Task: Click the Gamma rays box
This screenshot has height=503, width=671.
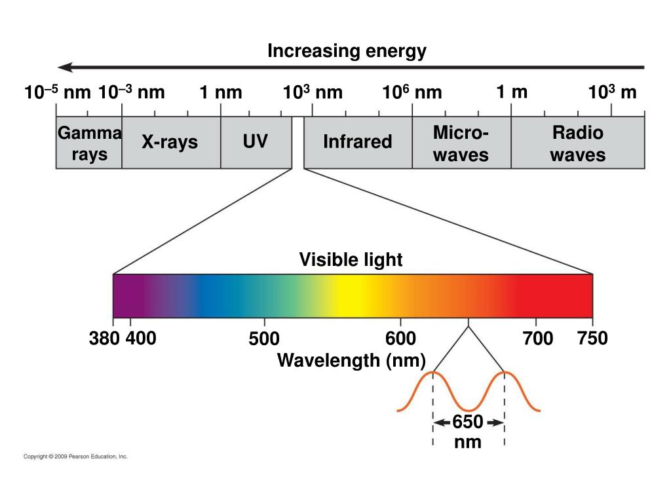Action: coord(89,143)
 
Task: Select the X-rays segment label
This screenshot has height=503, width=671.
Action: coord(170,142)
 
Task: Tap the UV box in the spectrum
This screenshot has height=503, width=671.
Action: coord(256,141)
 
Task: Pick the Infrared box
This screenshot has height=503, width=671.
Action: coord(358,141)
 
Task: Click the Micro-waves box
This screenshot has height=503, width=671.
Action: coord(461,143)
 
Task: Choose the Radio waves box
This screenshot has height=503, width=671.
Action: coord(577,143)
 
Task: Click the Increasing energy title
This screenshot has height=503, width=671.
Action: coord(347,51)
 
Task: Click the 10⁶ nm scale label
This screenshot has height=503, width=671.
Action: coord(412,93)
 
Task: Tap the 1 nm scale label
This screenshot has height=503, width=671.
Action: coord(221,93)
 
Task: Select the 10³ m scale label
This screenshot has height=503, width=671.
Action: coord(612,92)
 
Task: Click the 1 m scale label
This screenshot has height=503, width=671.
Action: coord(512,92)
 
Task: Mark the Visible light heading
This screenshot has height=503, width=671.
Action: coord(351,260)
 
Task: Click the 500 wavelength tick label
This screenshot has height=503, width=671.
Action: coord(264,339)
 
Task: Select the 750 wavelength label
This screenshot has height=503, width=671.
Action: coord(592,339)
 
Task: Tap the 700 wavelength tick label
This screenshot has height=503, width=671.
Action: coord(538,339)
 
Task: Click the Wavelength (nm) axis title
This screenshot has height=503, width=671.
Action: coord(352,360)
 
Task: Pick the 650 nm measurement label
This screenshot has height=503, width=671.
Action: coord(468,432)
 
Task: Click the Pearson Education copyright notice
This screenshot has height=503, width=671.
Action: coord(75,456)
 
